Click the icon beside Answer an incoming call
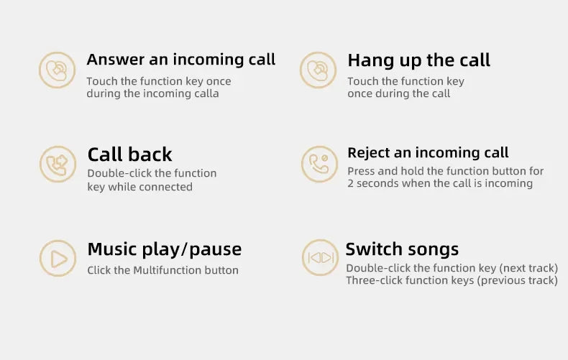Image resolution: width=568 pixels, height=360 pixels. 57,70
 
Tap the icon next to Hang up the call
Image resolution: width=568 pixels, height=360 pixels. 318,70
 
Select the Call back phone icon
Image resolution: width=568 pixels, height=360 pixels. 57,164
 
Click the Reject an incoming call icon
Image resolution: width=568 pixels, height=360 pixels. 319,164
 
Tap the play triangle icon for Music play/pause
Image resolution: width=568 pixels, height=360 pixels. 57,258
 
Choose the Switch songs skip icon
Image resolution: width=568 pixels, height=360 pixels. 320,258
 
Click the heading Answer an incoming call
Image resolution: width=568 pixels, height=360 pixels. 181,60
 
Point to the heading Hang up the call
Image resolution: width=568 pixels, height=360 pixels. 418,60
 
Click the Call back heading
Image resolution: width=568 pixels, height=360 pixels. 129,154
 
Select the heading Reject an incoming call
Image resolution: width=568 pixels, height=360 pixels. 428,153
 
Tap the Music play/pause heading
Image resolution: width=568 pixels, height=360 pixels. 164,250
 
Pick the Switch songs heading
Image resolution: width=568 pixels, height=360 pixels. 402,249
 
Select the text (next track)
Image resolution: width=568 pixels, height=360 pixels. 528,268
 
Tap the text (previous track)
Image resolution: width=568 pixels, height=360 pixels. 517,280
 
